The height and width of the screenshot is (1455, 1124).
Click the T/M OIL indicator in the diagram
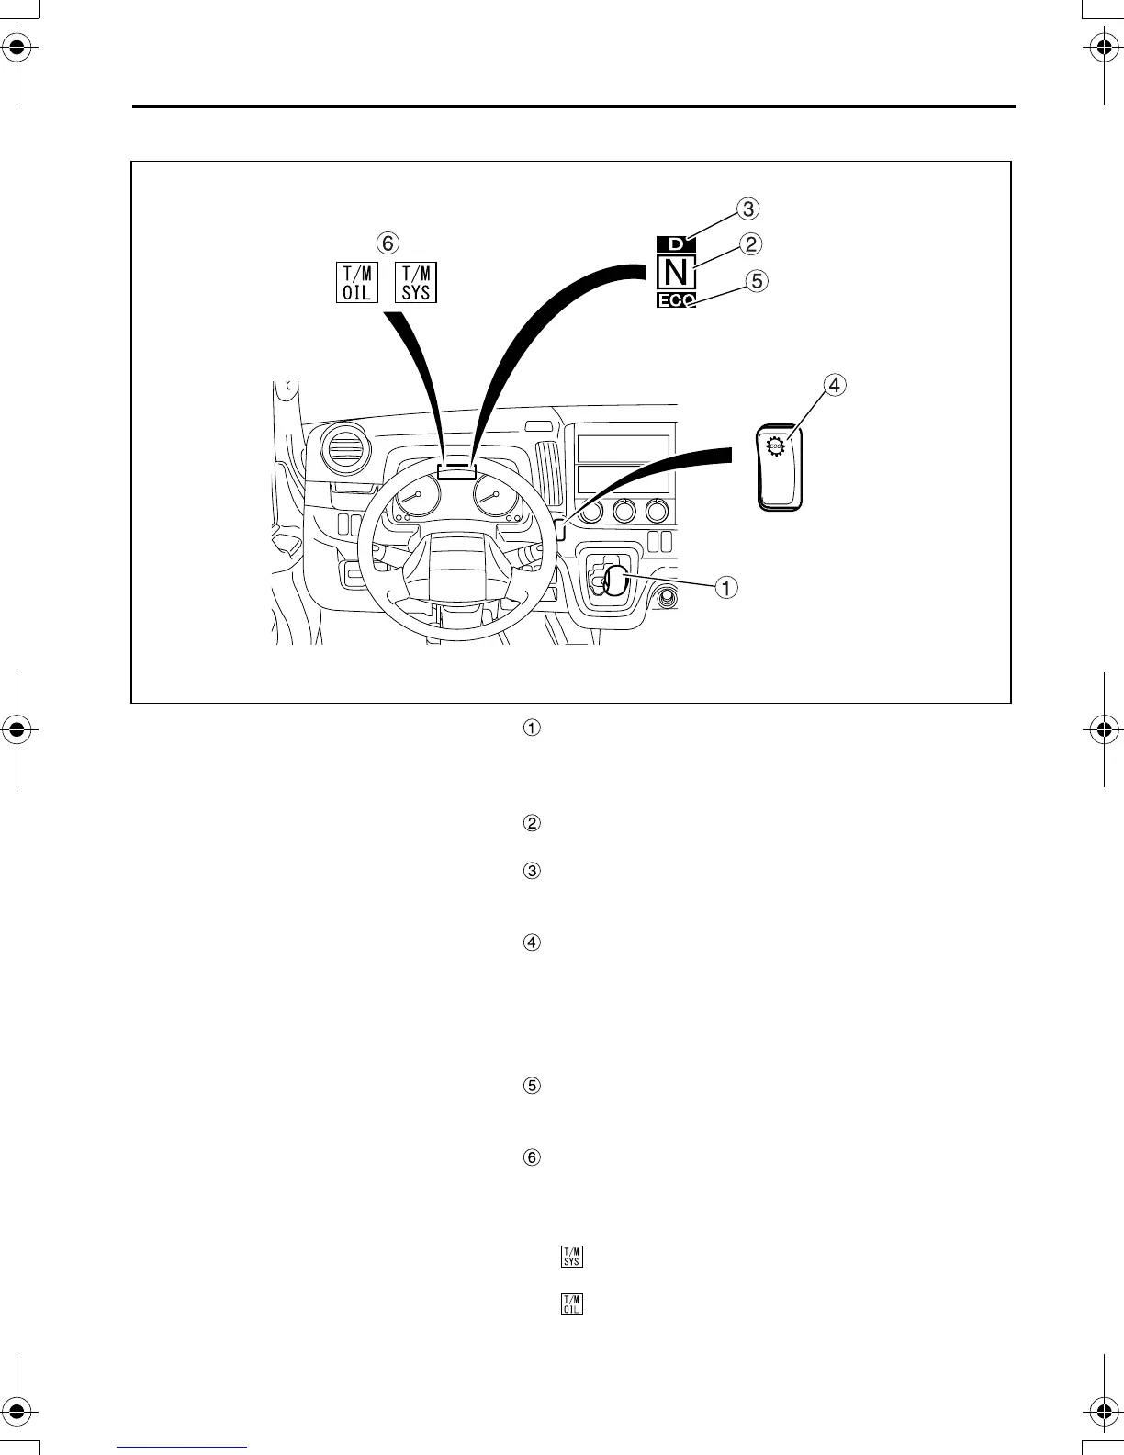coord(356,282)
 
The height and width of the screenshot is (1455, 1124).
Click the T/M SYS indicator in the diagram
coord(416,282)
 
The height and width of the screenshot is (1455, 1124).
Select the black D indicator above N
coord(677,244)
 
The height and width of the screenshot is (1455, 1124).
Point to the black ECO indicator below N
coord(677,300)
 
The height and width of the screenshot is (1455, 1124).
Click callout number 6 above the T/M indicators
coord(388,242)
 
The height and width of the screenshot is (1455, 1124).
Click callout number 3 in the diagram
coord(749,209)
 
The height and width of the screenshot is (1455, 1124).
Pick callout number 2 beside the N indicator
coord(751,244)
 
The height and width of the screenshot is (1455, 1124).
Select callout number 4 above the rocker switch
coord(834,386)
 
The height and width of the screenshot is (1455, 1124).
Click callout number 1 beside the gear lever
coord(726,587)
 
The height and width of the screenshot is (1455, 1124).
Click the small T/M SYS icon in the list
coord(572,1257)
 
